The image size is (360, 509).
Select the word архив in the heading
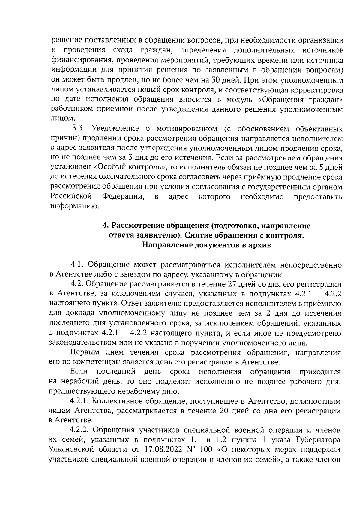point(261,245)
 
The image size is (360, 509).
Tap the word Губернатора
point(319,440)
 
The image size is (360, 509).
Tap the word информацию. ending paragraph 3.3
point(74,206)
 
